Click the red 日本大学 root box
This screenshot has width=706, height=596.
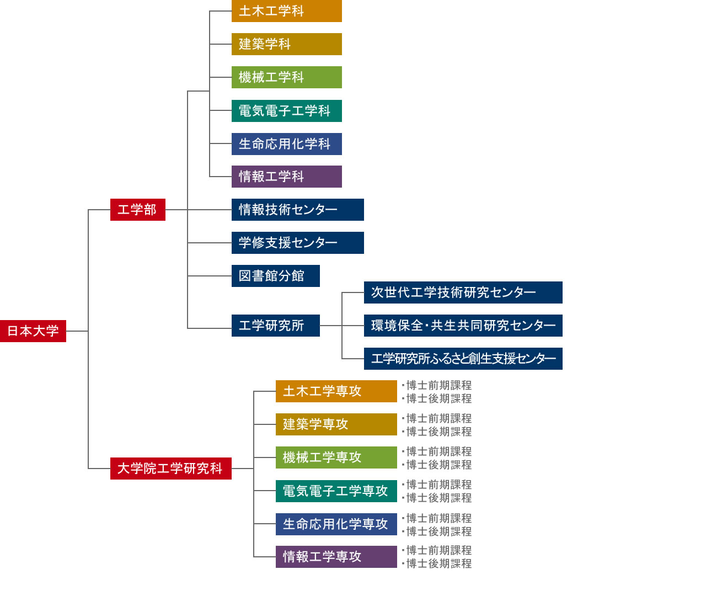pos(33,331)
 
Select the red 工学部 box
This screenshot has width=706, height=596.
pos(138,210)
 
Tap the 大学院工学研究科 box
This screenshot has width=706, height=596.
pos(171,469)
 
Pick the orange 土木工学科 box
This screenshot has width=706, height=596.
pos(287,11)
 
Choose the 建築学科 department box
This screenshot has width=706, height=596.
pos(287,44)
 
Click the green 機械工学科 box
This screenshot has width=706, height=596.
pos(287,77)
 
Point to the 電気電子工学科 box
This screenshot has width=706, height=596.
pos(287,110)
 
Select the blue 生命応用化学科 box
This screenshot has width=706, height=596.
pos(287,143)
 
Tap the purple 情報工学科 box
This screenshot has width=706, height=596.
pos(287,176)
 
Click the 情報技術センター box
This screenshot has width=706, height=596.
pos(297,210)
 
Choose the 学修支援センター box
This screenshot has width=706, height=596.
pos(297,242)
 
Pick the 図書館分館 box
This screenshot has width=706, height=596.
pos(276,276)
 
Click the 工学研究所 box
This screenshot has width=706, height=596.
pos(276,326)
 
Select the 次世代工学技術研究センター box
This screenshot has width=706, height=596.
pos(463,292)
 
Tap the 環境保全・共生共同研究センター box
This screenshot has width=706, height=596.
pos(463,326)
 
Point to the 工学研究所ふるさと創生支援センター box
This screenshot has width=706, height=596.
pos(463,359)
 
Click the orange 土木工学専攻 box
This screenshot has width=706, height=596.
pos(336,391)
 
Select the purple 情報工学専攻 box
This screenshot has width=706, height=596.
pos(336,557)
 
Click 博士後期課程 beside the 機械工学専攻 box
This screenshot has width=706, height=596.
pos(439,465)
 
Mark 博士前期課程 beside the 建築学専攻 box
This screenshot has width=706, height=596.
pos(439,418)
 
